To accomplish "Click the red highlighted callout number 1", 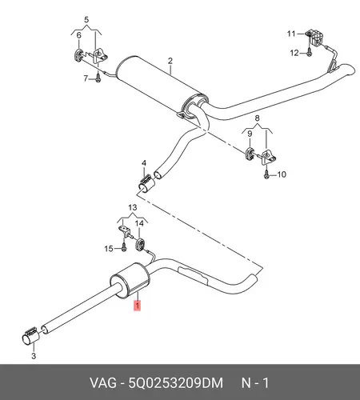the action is [138, 306].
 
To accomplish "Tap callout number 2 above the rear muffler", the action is [170, 61].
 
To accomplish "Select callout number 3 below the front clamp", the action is [34, 356].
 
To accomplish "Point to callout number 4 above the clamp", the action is [144, 163].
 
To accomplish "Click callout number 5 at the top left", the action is [86, 20].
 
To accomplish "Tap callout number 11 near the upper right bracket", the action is [291, 34].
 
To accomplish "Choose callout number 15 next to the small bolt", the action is [109, 249].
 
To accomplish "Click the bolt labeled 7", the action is [98, 78].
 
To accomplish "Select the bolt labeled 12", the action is [309, 52].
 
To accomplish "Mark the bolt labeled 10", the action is [266, 174].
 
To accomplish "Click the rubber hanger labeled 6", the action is [78, 55].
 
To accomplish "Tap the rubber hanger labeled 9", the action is [250, 154].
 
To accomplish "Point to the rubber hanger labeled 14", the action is [140, 245].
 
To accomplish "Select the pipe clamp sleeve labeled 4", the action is [146, 184].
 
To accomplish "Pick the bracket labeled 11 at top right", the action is [315, 38].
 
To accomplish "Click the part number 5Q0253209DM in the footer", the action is [176, 383].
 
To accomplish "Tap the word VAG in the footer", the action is [103, 383].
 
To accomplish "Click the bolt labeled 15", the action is [123, 247].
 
